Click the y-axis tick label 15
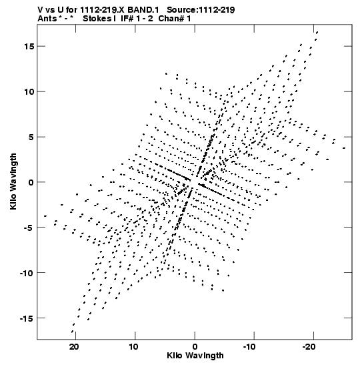tap(29, 47)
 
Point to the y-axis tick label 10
tap(29, 91)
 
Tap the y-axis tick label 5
tap(31, 137)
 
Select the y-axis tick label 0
tap(31, 182)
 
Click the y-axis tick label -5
tap(29, 228)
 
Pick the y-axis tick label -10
tap(27, 273)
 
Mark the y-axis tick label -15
tap(27, 318)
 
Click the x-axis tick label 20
tap(74, 347)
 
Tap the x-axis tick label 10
tap(133, 347)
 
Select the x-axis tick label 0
tap(195, 347)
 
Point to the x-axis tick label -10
tap(252, 347)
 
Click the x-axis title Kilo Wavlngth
tap(195, 356)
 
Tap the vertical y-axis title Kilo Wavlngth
tap(13, 181)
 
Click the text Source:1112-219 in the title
tap(201, 10)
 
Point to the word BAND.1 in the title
tap(143, 10)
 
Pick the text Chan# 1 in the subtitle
tap(175, 18)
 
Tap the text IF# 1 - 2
tap(137, 18)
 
